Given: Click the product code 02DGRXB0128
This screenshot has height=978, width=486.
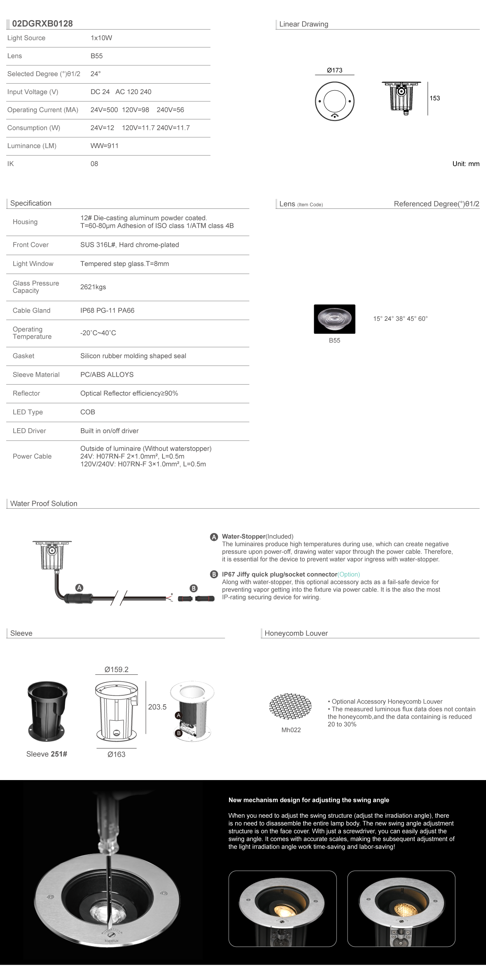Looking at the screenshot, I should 42,24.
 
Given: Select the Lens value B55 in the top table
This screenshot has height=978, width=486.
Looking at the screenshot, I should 96,56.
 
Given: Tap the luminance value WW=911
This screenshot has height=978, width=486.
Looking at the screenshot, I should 104,146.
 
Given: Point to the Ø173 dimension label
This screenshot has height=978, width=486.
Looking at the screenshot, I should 334,70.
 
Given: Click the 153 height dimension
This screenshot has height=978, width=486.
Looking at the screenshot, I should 435,98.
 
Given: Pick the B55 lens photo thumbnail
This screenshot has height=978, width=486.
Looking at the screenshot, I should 334,319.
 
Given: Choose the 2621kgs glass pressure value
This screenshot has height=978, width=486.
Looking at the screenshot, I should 93,287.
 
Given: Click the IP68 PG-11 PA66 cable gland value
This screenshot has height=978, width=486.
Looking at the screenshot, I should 107,311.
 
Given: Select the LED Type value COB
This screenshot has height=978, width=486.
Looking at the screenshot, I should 87,412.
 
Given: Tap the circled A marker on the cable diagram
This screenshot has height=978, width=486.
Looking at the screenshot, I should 79,588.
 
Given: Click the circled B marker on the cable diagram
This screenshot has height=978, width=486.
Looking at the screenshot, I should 193,588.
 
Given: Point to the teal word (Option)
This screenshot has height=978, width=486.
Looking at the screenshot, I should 349,574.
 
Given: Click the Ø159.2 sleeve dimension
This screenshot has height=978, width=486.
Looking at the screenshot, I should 116,670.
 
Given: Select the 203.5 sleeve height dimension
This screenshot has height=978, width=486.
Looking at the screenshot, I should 157,707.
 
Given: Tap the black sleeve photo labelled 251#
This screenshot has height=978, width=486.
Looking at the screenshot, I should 47,711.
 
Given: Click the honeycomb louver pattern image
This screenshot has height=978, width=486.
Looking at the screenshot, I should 290,706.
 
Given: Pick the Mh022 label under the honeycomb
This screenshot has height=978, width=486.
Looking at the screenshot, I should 291,730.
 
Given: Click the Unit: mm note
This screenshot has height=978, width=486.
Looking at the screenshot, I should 465,164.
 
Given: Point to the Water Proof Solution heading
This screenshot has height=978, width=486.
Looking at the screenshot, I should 44,504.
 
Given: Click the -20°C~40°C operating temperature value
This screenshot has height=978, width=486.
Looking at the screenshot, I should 98,333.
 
